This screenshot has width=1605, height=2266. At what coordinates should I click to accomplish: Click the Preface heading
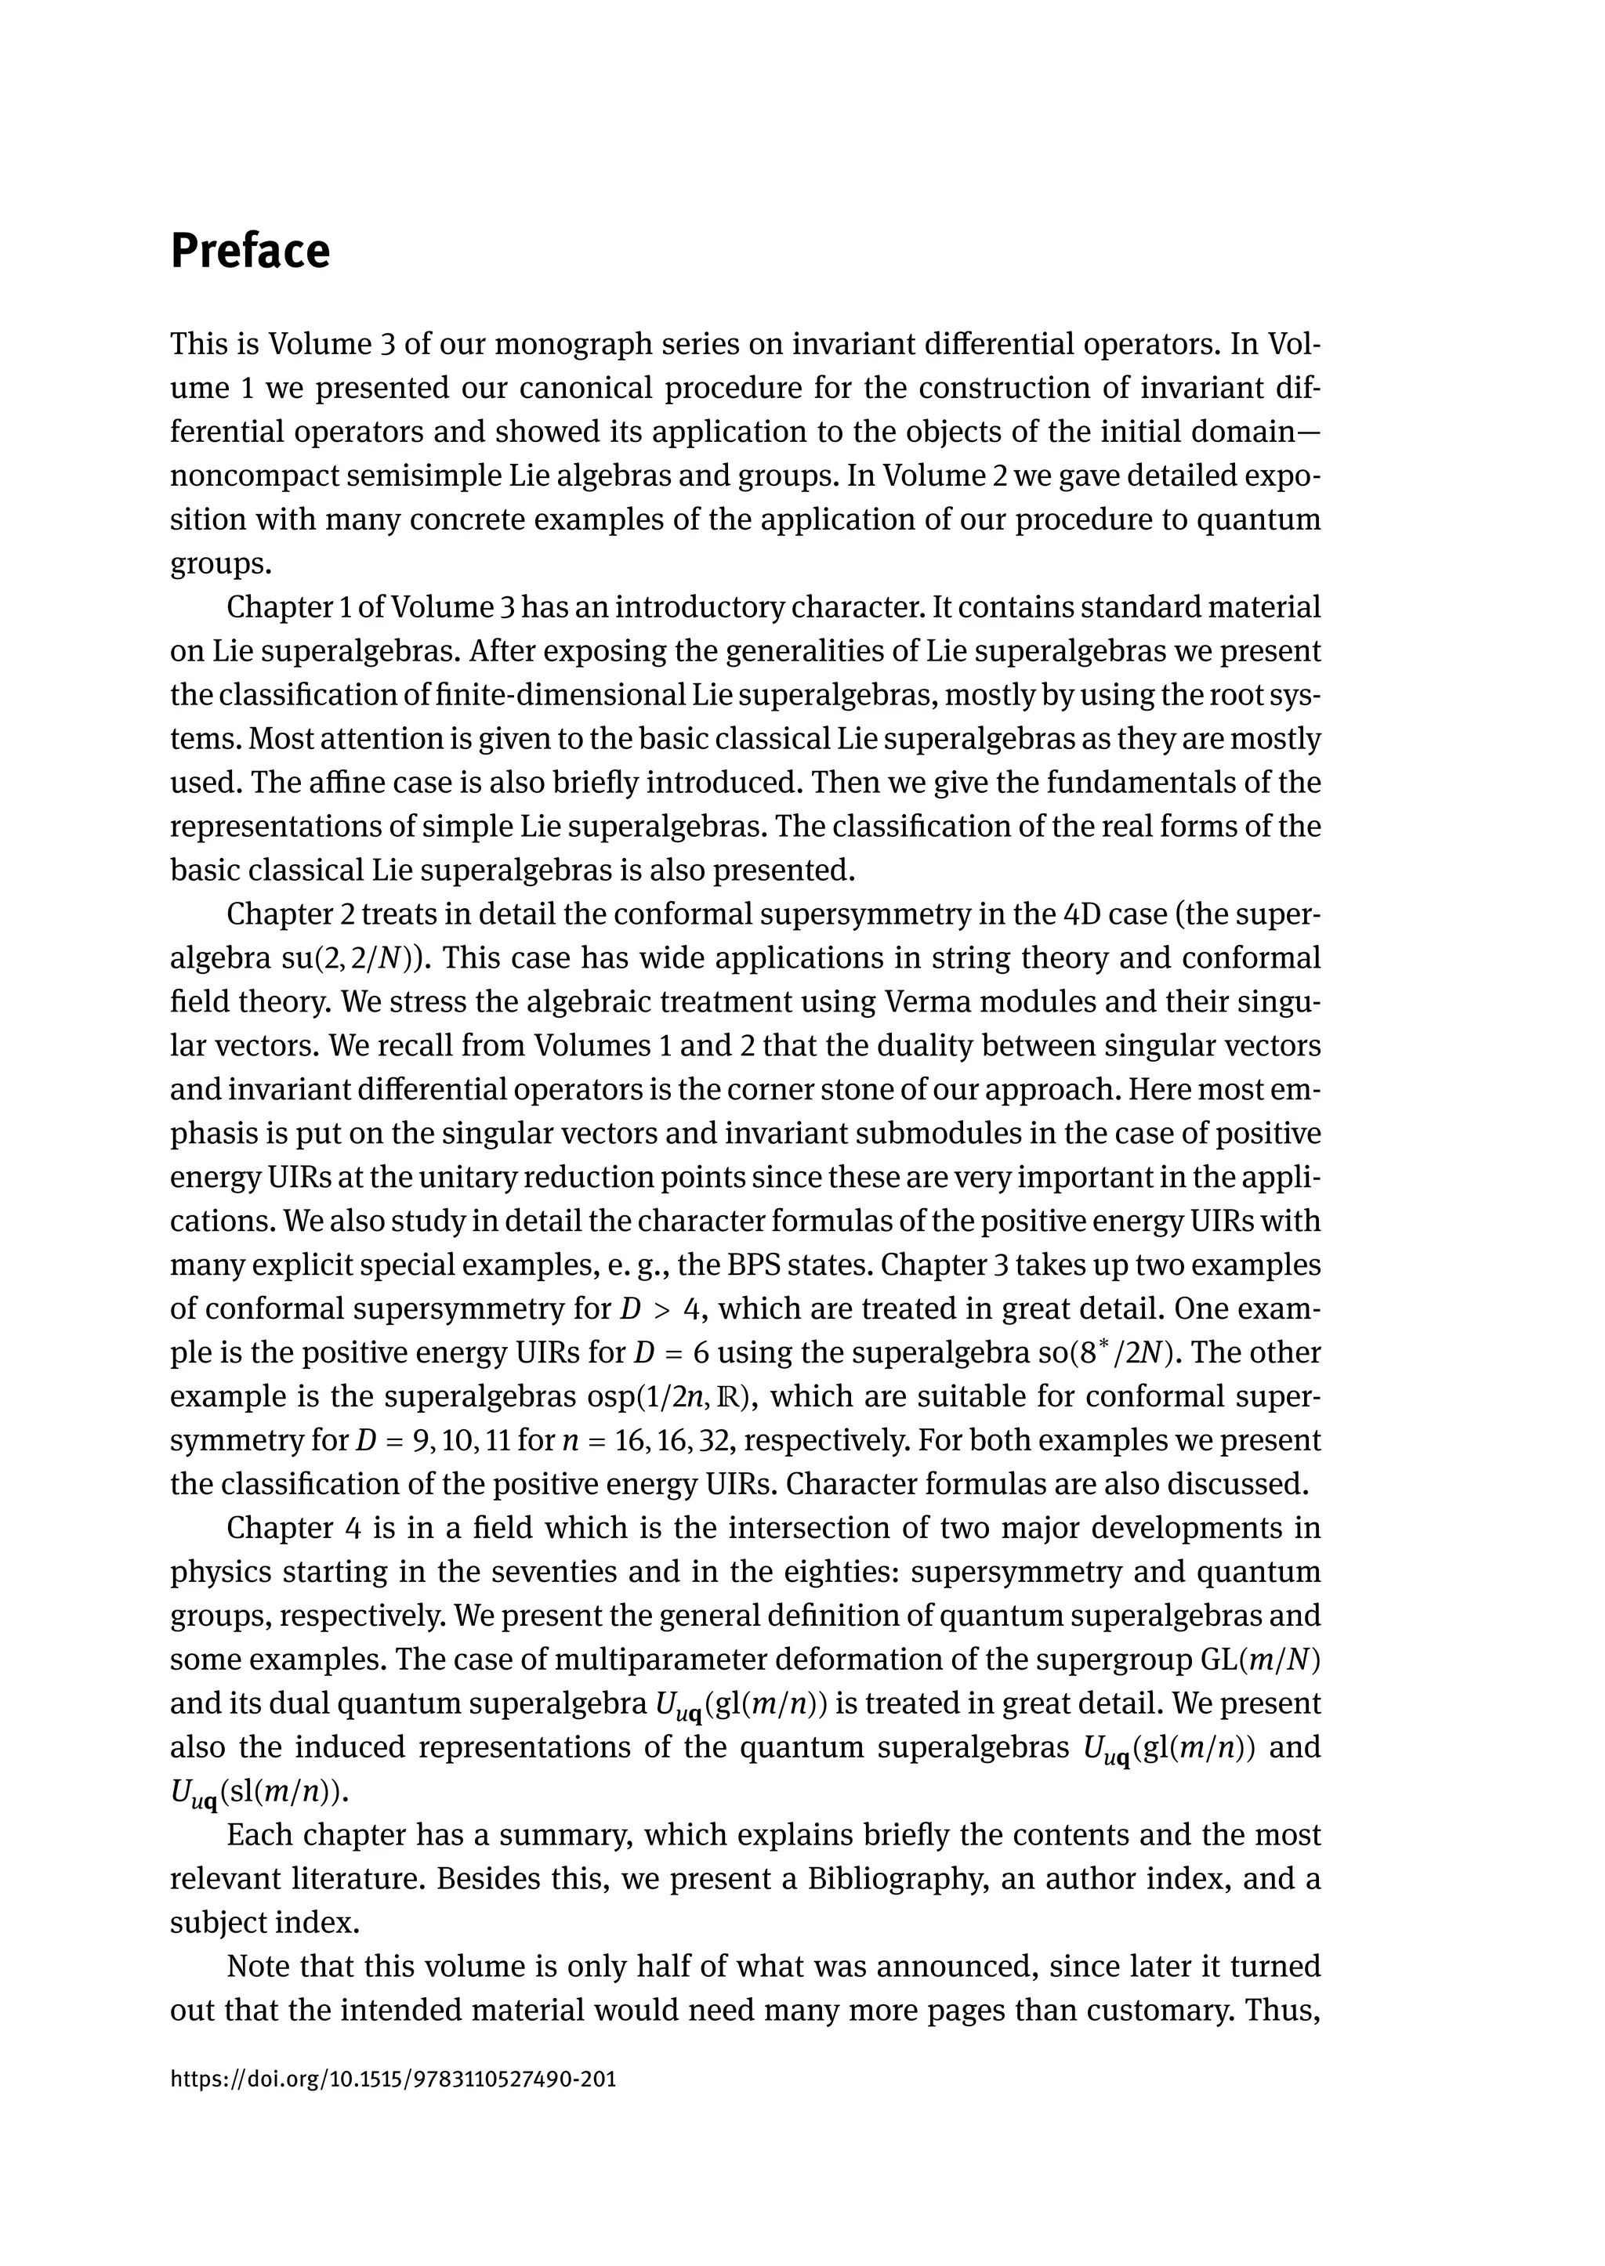tap(250, 251)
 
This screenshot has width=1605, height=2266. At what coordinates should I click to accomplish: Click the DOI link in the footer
tap(393, 2078)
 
